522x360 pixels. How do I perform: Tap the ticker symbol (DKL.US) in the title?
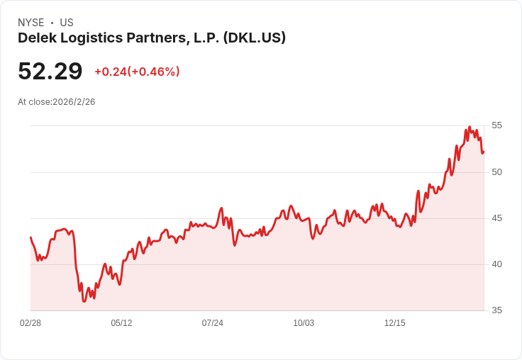point(254,38)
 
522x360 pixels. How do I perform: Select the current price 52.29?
point(50,72)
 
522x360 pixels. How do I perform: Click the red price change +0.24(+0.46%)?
point(137,72)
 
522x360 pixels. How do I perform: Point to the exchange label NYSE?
point(31,23)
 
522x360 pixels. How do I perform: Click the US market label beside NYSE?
point(67,23)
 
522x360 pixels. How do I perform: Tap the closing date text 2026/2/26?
point(74,102)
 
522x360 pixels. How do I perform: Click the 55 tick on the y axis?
point(496,125)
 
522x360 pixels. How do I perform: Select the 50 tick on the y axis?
point(496,171)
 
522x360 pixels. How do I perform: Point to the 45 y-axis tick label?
point(496,218)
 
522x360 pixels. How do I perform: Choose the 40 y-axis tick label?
point(496,264)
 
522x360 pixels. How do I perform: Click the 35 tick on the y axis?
point(496,310)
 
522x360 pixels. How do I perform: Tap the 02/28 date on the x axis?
point(30,323)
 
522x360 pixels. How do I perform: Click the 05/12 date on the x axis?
point(121,323)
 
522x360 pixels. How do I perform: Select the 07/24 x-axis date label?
point(212,323)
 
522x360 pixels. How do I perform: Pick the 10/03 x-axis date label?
point(304,323)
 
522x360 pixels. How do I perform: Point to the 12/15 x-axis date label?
point(394,323)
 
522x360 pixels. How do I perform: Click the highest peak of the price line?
point(470,128)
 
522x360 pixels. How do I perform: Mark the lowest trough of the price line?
point(84,301)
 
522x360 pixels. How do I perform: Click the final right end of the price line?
point(484,152)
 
